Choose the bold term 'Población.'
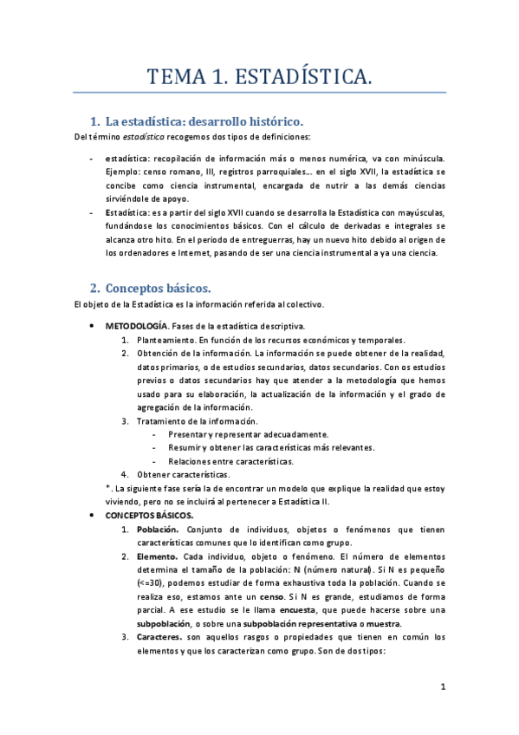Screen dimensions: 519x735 point(159,529)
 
